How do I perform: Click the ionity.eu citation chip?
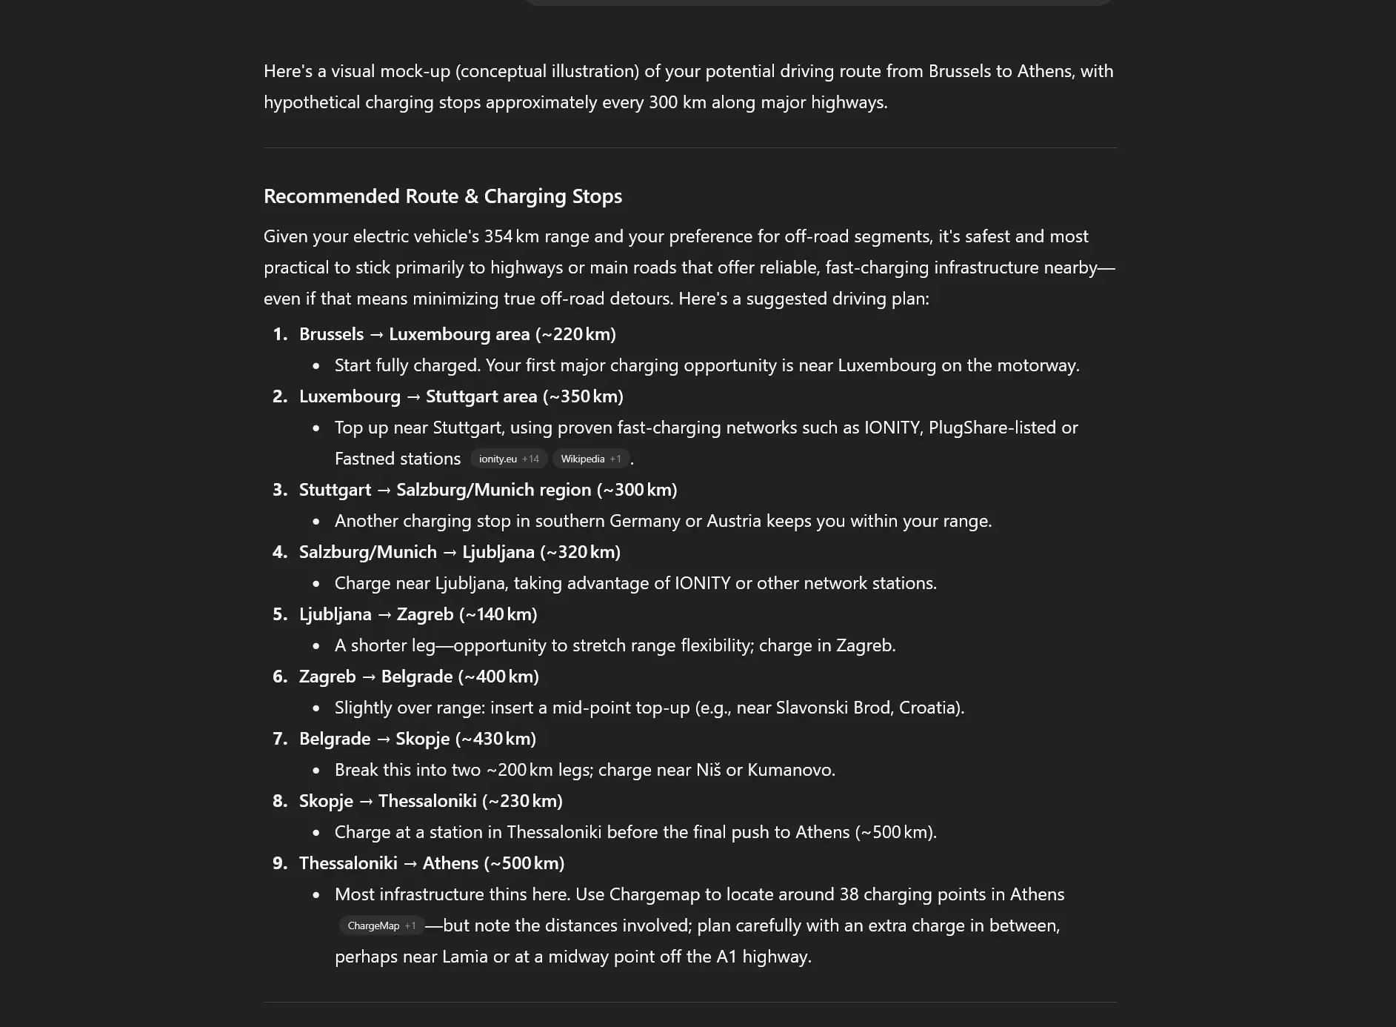pos(508,459)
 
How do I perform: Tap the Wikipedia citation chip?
pos(590,459)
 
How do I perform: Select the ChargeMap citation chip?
pos(381,925)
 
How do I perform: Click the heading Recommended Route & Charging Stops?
pos(442,196)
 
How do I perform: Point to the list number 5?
pos(279,614)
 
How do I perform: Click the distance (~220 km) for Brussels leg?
pos(575,334)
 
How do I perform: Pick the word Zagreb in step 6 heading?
pos(327,677)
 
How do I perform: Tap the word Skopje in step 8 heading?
pos(326,801)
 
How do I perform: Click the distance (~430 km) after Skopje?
pos(495,739)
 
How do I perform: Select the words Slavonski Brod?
pos(832,708)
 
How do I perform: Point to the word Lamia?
pos(464,957)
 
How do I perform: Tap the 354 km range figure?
pos(512,236)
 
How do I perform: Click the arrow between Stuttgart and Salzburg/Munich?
pos(384,490)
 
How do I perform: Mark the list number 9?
pos(279,863)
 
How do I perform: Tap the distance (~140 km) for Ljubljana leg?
pos(498,614)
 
